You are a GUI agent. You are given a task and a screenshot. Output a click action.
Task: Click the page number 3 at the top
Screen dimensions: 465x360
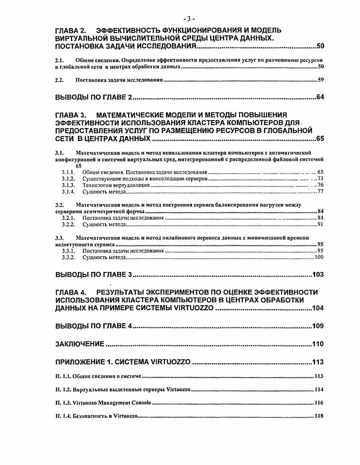(x=189, y=19)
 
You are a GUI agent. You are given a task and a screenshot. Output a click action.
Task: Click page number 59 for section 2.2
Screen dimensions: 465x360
(x=320, y=80)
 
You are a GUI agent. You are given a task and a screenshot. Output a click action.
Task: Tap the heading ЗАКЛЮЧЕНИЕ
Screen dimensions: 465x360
(x=80, y=344)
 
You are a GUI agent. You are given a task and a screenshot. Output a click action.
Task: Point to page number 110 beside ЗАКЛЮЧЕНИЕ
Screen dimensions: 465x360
(x=318, y=344)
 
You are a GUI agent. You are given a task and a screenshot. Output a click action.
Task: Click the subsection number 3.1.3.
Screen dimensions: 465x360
(x=68, y=185)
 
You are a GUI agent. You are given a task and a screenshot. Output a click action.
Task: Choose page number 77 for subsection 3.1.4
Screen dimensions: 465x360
(x=320, y=192)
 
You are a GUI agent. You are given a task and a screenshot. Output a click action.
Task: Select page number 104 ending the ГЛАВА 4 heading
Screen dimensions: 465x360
(x=318, y=309)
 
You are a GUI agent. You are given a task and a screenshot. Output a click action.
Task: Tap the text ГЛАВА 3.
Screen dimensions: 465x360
(x=71, y=115)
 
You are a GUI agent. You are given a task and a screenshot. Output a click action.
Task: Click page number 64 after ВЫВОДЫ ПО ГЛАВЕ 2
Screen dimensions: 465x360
(x=320, y=97)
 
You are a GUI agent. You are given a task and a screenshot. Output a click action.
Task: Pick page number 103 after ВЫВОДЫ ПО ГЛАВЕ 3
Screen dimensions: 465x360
(x=318, y=275)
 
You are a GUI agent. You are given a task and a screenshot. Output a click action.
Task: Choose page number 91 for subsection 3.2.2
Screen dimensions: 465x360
(x=320, y=224)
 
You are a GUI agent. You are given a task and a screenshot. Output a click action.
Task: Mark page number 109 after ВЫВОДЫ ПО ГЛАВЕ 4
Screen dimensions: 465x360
(x=318, y=326)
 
